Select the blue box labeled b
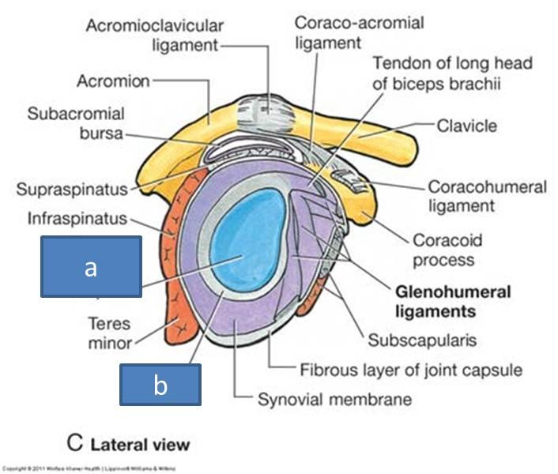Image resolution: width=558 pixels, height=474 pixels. tap(160, 384)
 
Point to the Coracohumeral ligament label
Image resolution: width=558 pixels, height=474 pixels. tap(486, 197)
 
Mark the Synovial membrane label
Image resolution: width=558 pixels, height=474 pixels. tap(334, 398)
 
